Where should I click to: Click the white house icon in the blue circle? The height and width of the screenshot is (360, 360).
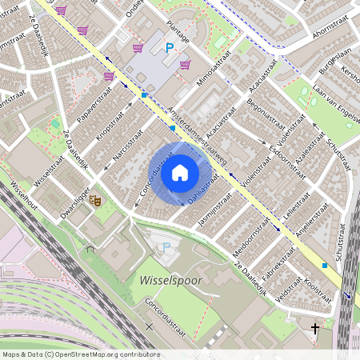[180, 173]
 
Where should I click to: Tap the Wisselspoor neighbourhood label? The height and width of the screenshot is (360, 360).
[172, 282]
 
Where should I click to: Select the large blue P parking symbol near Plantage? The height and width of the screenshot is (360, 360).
[169, 49]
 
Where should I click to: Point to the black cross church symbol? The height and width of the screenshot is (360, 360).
[314, 328]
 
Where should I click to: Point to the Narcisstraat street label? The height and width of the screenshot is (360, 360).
[128, 144]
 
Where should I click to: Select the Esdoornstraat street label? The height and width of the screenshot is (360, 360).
[288, 138]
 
